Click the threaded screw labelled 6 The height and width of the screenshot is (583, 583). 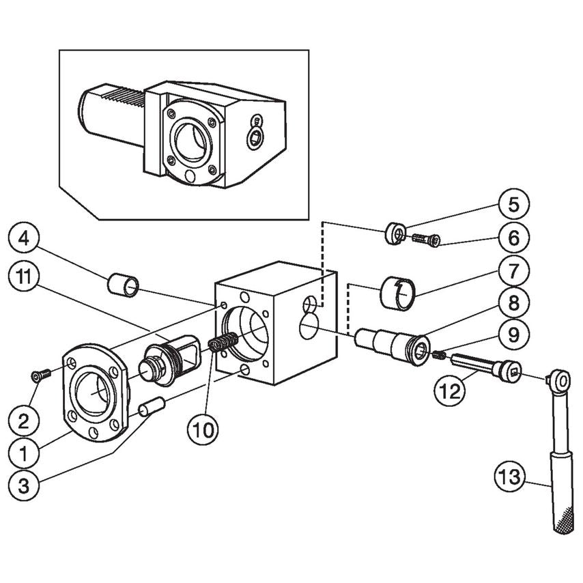[426, 240]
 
